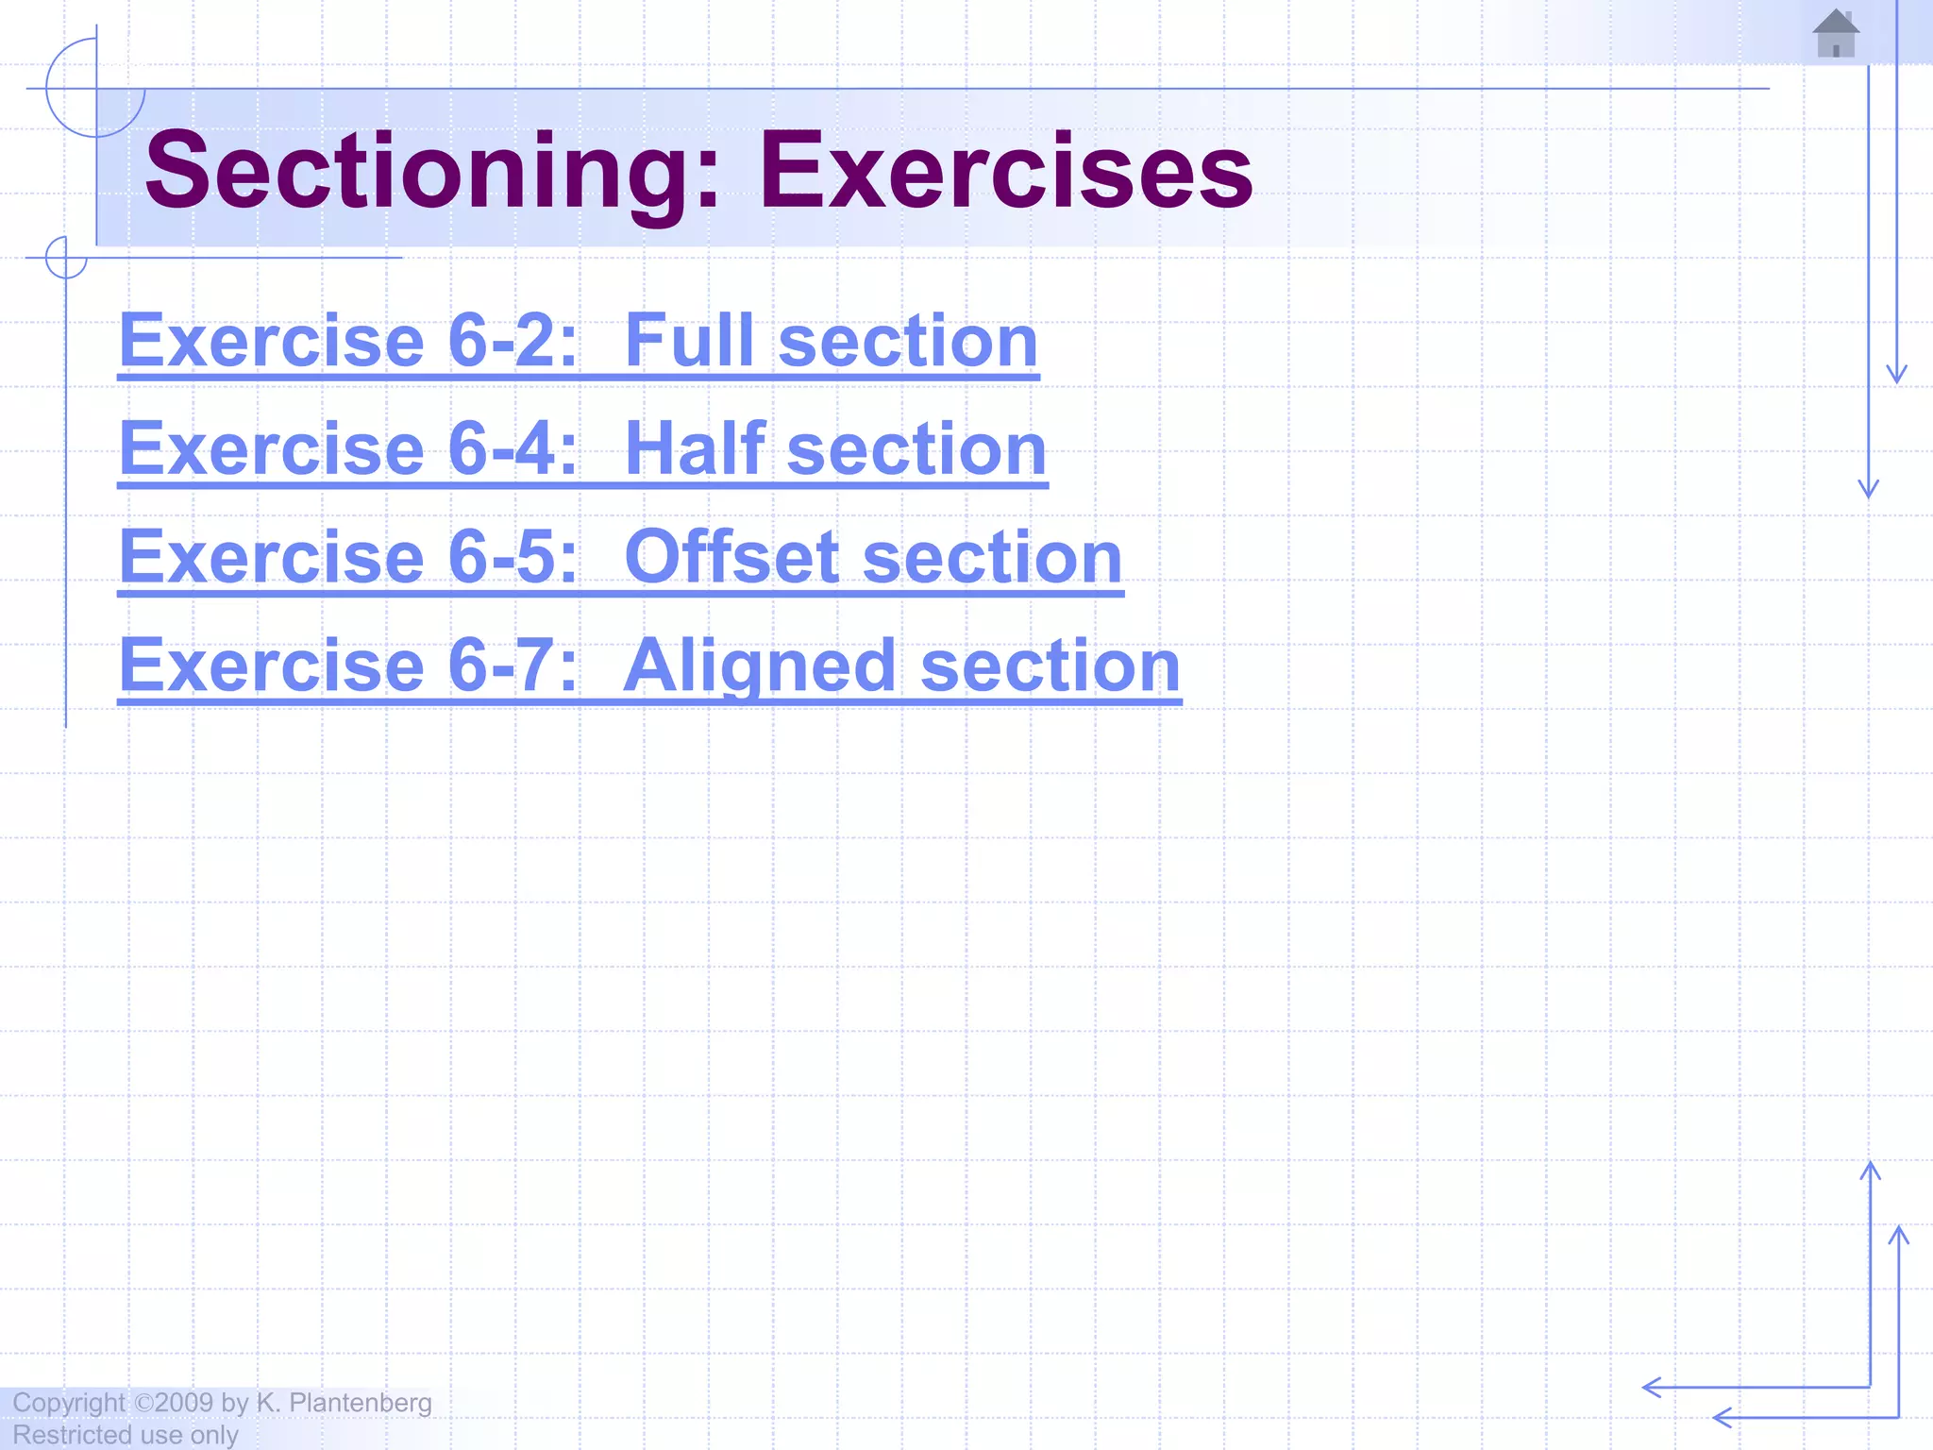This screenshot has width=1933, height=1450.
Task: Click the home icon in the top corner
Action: pyautogui.click(x=1836, y=34)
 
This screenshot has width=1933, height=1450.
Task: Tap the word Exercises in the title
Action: pyautogui.click(x=1006, y=171)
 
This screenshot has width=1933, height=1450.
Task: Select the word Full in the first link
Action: pyautogui.click(x=695, y=341)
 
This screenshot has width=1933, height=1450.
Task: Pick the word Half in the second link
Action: pyautogui.click(x=695, y=449)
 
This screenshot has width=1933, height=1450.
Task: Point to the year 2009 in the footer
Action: pyautogui.click(x=184, y=1403)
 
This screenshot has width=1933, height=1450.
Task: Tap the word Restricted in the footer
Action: pyautogui.click(x=72, y=1435)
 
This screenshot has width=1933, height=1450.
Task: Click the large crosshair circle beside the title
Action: pyautogui.click(x=95, y=88)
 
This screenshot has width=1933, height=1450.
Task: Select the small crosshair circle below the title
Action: pyautogui.click(x=66, y=257)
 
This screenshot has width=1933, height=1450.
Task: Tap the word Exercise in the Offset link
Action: pyautogui.click(x=272, y=557)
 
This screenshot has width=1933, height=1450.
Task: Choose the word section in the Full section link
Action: pyautogui.click(x=908, y=341)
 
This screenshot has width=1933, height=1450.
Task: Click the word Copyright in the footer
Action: pyautogui.click(x=68, y=1403)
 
